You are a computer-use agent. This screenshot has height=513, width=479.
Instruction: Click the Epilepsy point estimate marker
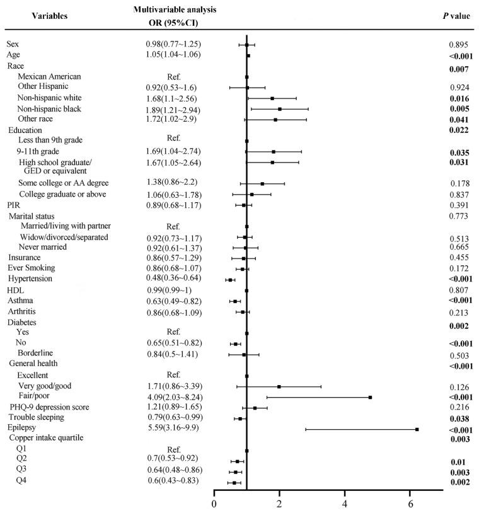pos(417,429)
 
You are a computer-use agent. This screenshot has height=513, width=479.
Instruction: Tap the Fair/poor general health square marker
pos(371,397)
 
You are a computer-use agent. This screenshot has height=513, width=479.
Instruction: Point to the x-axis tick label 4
pos(345,504)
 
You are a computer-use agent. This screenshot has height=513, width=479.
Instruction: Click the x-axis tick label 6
pos(410,504)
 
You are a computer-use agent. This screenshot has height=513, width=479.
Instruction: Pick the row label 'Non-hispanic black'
pos(53,108)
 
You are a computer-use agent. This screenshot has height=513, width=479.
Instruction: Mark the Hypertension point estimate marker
pos(230,279)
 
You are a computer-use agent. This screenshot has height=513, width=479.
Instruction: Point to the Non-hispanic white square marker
pos(272,98)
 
